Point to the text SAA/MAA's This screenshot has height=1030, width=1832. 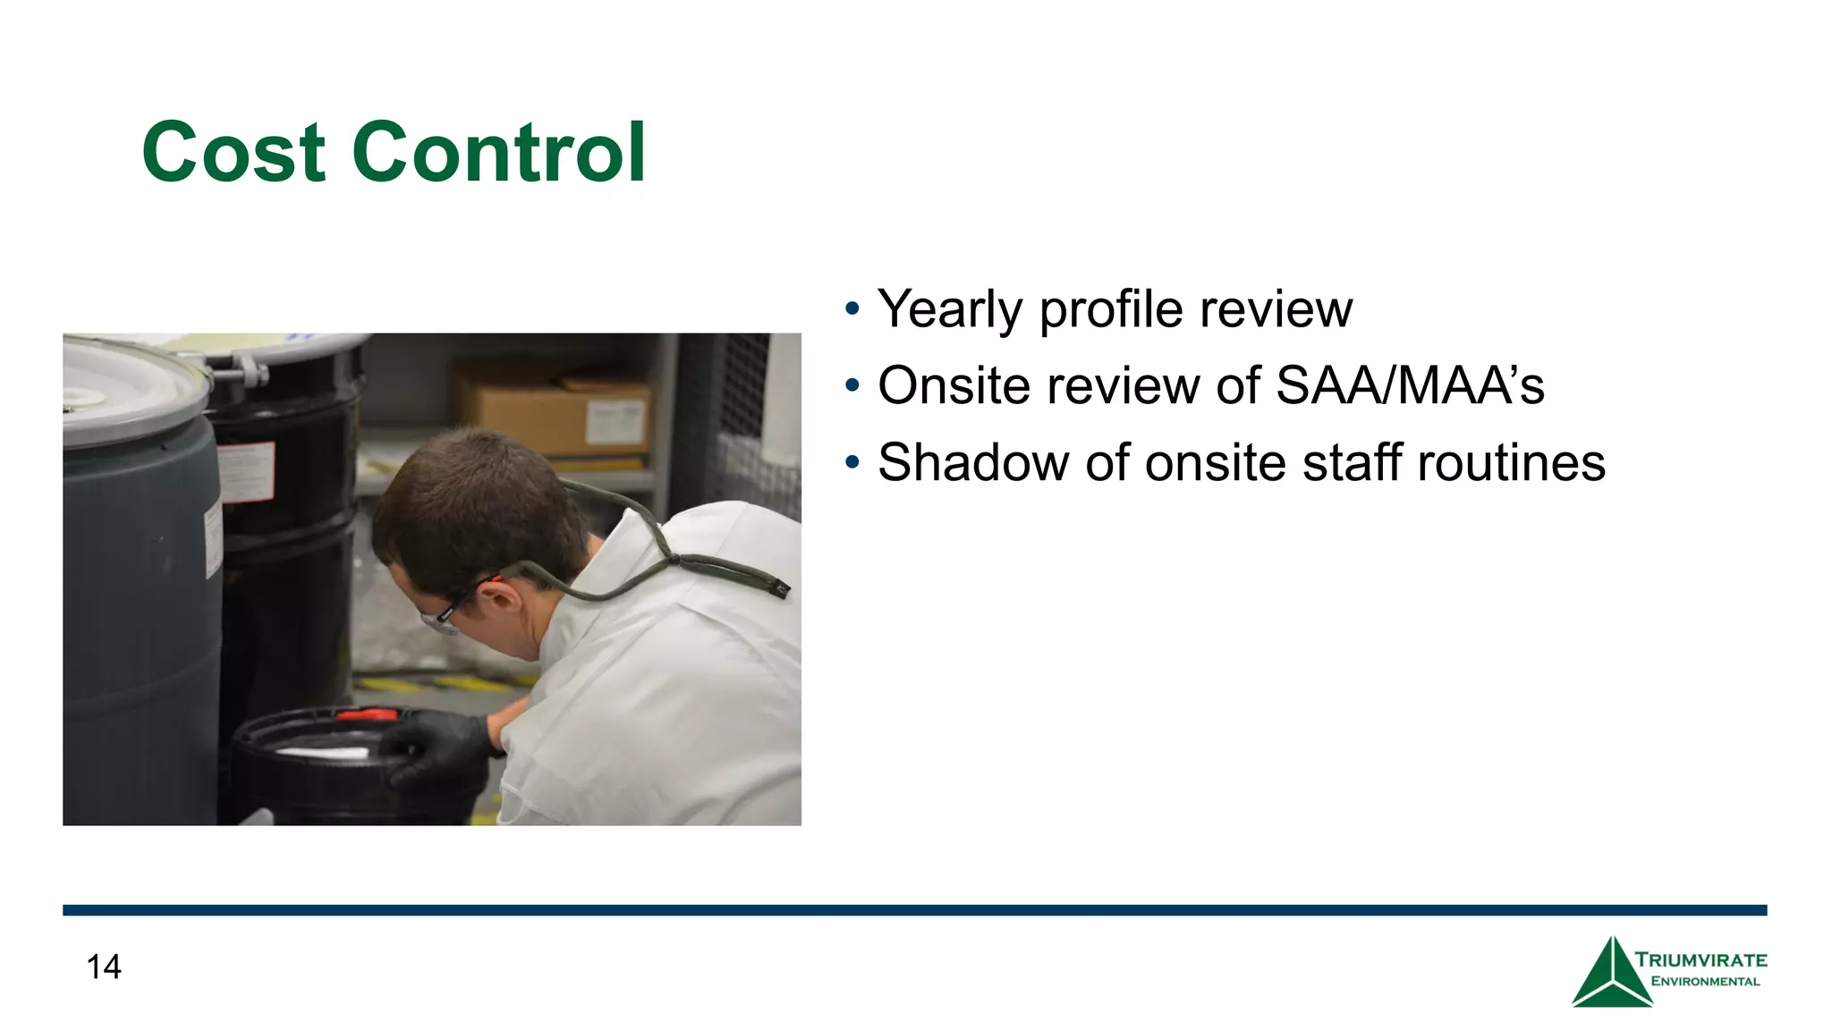pyautogui.click(x=1410, y=386)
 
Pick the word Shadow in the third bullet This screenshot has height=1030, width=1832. pyautogui.click(x=973, y=463)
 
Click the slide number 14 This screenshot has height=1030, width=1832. pyautogui.click(x=104, y=967)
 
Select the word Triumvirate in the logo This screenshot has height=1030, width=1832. pyautogui.click(x=1701, y=960)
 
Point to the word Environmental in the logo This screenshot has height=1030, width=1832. pyautogui.click(x=1705, y=982)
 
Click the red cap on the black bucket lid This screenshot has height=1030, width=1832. pyautogui.click(x=367, y=714)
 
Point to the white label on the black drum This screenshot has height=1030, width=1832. pyautogui.click(x=247, y=472)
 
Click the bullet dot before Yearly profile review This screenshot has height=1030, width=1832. pyautogui.click(x=852, y=310)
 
